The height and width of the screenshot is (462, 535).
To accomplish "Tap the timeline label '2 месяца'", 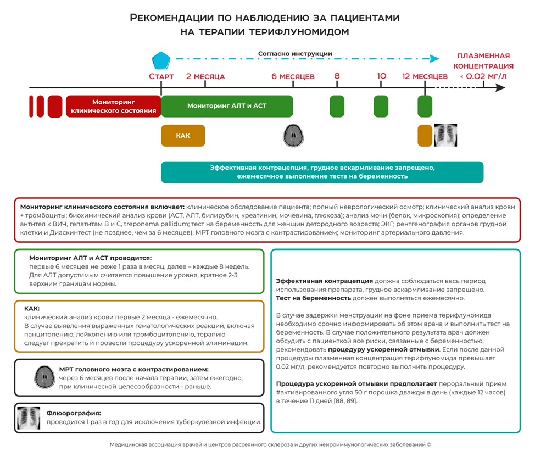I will click(x=205, y=76).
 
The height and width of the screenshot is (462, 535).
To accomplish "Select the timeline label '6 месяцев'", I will click(x=293, y=76).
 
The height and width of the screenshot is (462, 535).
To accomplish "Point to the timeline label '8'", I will click(x=337, y=76).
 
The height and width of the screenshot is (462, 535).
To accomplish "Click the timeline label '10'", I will click(x=381, y=76).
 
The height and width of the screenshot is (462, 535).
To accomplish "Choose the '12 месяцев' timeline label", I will click(x=425, y=76).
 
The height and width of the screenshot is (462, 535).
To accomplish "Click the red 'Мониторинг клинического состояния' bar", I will click(x=113, y=107).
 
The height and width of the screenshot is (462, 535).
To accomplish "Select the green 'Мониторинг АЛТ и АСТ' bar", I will click(x=227, y=106).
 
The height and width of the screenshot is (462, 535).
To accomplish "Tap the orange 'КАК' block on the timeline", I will click(x=183, y=136).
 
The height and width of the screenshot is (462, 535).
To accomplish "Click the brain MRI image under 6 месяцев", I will click(x=293, y=136).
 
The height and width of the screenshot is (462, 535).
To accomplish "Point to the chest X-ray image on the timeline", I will click(x=445, y=135).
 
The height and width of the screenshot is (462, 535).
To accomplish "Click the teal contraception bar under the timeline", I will click(x=322, y=172).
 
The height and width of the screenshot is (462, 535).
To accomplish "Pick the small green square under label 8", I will click(x=337, y=106).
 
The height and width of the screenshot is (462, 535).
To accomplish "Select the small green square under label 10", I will click(x=381, y=106).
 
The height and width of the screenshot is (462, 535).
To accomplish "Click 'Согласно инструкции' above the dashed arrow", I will click(x=295, y=54).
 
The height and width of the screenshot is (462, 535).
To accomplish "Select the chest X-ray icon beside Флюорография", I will click(x=29, y=418).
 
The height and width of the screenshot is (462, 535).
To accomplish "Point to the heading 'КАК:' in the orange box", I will click(x=32, y=308).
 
